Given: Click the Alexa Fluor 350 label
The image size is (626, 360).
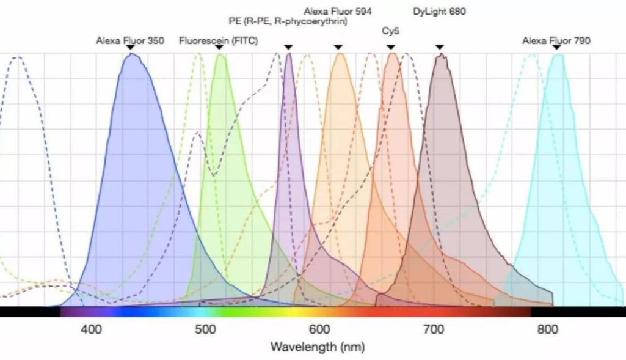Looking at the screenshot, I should [129, 42].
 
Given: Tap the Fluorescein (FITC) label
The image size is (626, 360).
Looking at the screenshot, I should [218, 42].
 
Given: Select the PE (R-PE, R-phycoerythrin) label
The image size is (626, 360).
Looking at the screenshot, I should [288, 22].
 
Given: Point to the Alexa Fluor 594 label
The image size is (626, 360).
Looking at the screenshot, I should [338, 11].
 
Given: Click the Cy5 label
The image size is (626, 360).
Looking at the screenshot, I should [391, 30].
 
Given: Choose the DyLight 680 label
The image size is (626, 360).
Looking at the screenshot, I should [439, 11].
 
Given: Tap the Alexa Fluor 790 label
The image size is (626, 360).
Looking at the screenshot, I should [556, 42].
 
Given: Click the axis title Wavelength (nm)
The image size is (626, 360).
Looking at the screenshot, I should [318, 347].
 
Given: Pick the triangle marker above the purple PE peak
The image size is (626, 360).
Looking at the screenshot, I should [288, 47].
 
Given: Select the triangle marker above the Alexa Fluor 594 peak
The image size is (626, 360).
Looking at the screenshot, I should [338, 47].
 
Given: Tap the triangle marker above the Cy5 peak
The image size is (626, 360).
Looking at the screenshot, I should [391, 47].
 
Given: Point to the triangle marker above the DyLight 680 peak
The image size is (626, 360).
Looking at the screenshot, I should [439, 47].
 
